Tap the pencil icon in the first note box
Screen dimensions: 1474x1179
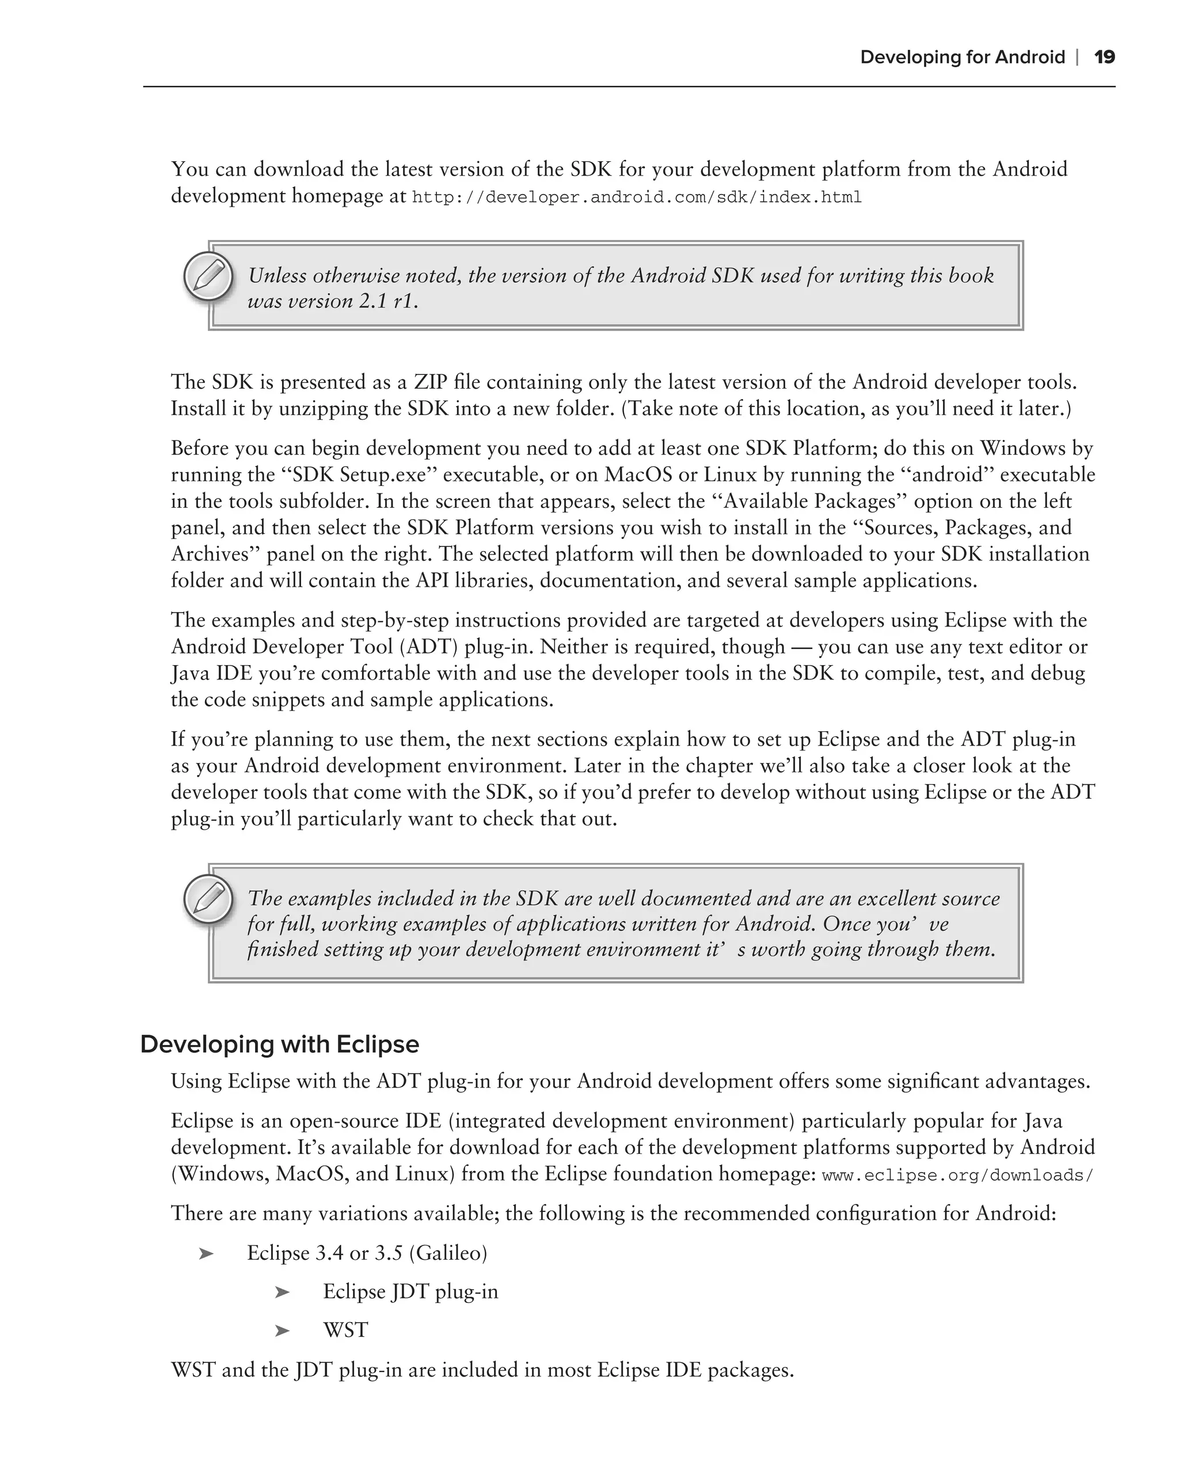[x=208, y=277]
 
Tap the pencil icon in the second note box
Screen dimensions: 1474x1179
[x=208, y=898]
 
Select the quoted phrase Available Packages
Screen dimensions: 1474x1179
[x=809, y=501]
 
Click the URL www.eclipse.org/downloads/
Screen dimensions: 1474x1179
[x=957, y=1175]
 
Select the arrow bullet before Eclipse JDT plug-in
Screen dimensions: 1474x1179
[x=282, y=1292]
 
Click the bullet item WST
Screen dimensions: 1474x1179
[x=345, y=1331]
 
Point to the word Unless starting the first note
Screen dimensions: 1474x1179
[x=277, y=276]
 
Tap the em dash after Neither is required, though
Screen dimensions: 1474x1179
[x=801, y=647]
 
